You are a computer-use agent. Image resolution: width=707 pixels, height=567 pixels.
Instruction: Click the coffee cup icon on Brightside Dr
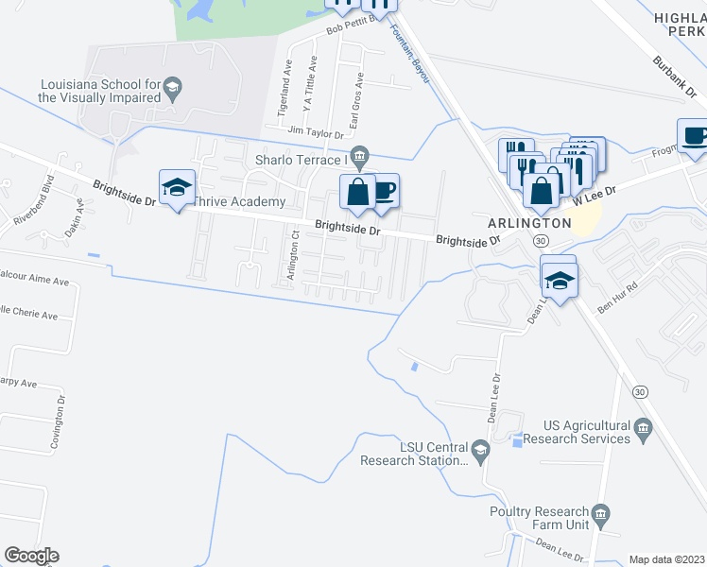[x=384, y=191]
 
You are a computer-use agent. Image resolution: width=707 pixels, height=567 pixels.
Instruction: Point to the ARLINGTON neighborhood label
[x=529, y=223]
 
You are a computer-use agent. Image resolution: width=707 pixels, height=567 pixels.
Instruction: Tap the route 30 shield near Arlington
[x=539, y=242]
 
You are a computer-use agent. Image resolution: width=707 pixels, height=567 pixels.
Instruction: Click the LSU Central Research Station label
[x=414, y=454]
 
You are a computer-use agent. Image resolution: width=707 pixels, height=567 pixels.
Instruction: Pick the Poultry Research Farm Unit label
[x=540, y=518]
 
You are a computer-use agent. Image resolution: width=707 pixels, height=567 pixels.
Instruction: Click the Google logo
[x=31, y=556]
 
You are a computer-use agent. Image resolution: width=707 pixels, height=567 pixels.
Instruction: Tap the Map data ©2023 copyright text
[x=667, y=559]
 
